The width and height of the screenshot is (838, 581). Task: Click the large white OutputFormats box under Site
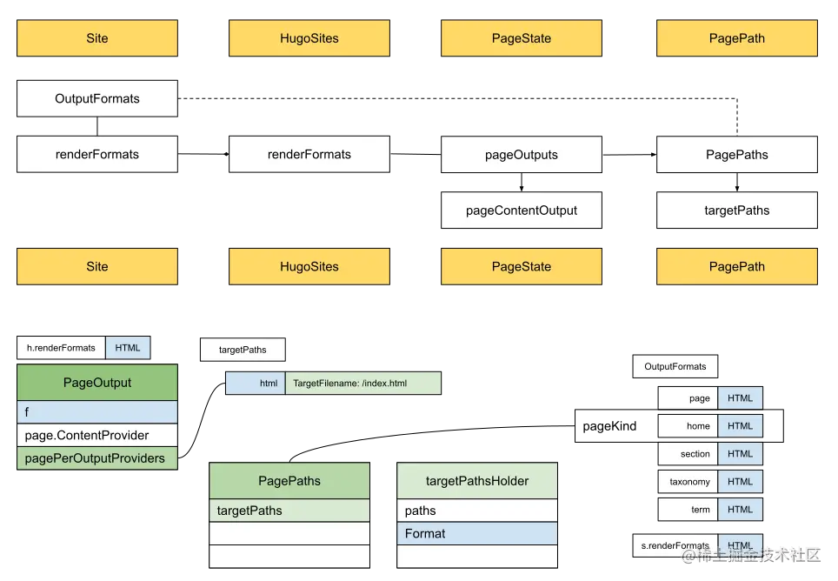97,98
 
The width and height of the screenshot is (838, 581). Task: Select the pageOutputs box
522,155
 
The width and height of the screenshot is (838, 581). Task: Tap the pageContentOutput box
522,210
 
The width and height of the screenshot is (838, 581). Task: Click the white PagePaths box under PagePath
736,155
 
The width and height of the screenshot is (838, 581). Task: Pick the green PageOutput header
97,383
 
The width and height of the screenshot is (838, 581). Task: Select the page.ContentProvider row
97,435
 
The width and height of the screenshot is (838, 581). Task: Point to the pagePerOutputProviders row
97,457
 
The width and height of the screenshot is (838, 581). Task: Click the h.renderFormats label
61,348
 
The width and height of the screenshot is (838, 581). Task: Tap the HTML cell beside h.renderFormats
128,348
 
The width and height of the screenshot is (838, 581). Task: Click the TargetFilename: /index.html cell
363,384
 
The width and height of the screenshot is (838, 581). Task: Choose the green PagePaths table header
289,481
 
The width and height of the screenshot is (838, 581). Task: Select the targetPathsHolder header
477,481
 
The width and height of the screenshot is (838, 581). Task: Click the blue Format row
477,533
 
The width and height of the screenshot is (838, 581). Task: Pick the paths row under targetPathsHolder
477,511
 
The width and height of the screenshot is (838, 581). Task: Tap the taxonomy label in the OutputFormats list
688,482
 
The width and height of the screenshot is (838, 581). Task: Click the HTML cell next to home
741,426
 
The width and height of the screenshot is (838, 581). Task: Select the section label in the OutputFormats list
688,454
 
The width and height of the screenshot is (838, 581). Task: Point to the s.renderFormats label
675,545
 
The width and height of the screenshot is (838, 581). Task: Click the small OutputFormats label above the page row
675,366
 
